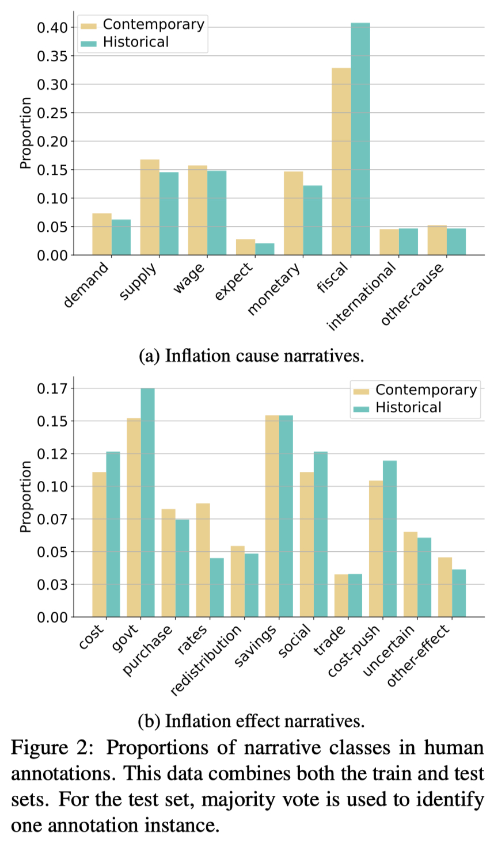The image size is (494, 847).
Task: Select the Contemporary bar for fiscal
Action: [x=341, y=162]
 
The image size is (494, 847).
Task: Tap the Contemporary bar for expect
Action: [x=245, y=247]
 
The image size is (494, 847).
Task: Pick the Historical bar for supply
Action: [x=169, y=213]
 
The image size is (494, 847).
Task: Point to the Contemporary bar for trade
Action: [x=341, y=596]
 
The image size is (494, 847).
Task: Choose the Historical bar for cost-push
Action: [x=390, y=539]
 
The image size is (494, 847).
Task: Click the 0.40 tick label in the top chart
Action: [x=52, y=28]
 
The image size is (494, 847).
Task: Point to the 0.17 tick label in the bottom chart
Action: [x=52, y=389]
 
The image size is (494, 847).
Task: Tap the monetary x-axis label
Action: [x=274, y=289]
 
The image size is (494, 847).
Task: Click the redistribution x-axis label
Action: [x=207, y=661]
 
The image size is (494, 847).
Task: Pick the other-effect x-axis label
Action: [x=419, y=656]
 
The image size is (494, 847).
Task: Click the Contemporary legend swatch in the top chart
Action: [x=89, y=25]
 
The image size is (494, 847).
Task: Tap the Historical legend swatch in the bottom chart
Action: [x=361, y=409]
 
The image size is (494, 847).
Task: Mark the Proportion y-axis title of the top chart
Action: [x=25, y=133]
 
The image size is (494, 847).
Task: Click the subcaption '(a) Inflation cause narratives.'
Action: [x=252, y=356]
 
